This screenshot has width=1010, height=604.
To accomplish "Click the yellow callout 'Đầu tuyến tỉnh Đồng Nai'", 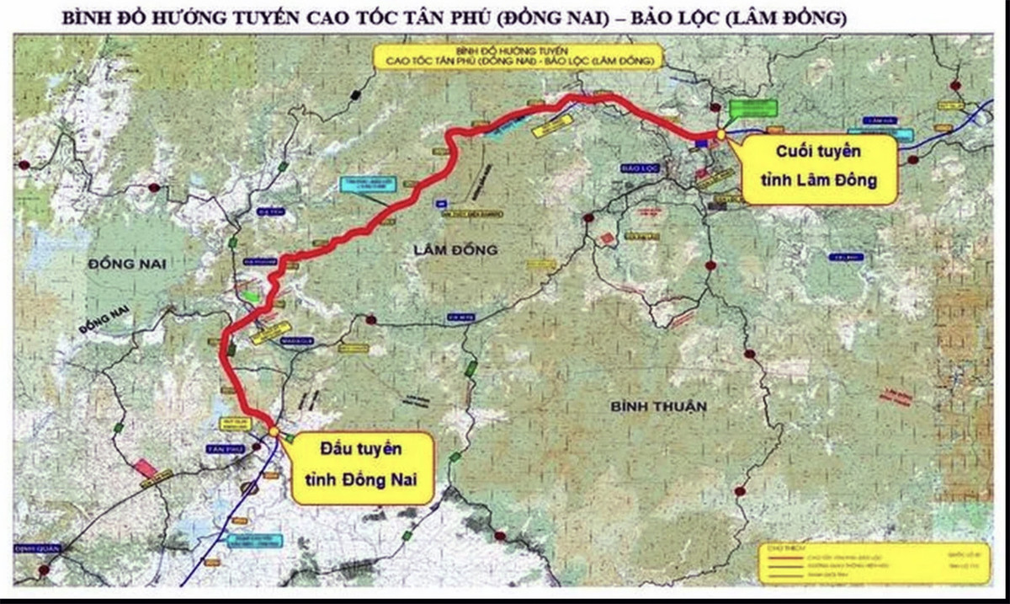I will pyautogui.click(x=359, y=468).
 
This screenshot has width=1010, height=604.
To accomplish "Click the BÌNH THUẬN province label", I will pyautogui.click(x=659, y=407).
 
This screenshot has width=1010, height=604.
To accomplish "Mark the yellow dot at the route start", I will pyautogui.click(x=274, y=431).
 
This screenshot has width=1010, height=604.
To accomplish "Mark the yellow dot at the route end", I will pyautogui.click(x=721, y=134).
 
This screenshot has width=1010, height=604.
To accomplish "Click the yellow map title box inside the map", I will pyautogui.click(x=519, y=56).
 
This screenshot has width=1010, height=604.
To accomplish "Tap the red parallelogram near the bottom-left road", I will pyautogui.click(x=146, y=468).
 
